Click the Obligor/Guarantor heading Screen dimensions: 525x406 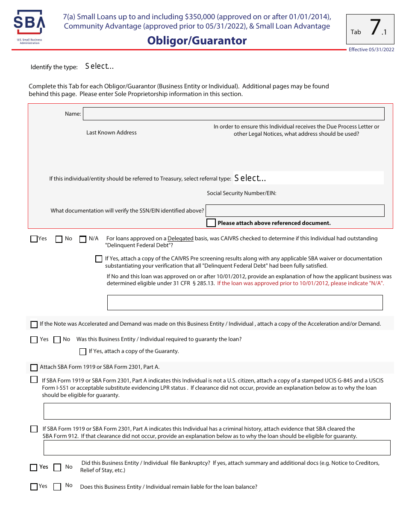click(x=197, y=41)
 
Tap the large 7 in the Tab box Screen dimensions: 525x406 click(x=374, y=28)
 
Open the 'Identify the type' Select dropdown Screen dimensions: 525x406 click(x=100, y=66)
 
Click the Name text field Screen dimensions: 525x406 click(x=233, y=114)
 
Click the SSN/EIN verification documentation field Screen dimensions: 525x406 click(x=295, y=210)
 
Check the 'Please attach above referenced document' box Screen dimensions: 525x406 click(x=211, y=223)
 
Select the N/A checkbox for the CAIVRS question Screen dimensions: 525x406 click(x=83, y=239)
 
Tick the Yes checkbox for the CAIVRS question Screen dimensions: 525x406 click(x=34, y=239)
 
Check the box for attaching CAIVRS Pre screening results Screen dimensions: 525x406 click(x=99, y=259)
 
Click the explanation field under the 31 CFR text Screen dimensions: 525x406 click(x=244, y=302)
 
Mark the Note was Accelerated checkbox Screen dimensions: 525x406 click(x=34, y=324)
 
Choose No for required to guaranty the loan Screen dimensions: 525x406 click(x=57, y=340)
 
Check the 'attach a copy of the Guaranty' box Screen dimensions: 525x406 click(x=83, y=352)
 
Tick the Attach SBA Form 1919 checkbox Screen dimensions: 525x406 click(x=34, y=367)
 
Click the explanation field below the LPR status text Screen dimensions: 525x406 click(x=217, y=411)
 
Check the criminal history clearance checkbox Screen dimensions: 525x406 click(x=34, y=429)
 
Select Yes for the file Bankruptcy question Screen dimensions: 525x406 click(x=34, y=467)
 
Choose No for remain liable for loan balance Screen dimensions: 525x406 click(x=57, y=487)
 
